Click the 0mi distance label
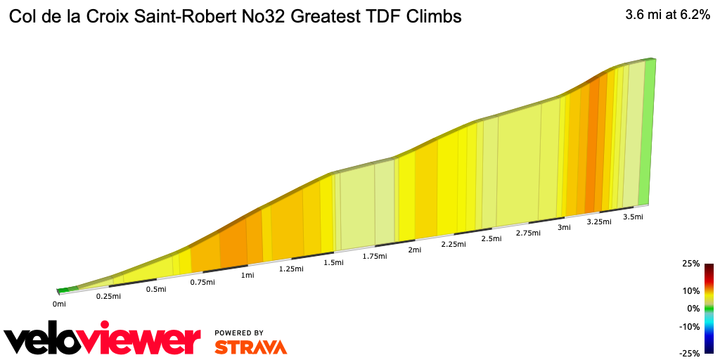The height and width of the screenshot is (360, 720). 59,304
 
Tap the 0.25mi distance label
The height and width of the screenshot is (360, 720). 109,296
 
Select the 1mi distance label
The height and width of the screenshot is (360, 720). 247,275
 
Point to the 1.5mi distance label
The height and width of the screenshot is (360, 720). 333,262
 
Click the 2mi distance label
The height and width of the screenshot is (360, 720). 414,250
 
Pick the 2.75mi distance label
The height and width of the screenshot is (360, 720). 528,233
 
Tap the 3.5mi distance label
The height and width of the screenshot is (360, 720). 634,217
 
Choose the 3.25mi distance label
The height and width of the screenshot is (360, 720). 599,221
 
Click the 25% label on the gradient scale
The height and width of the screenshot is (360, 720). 690,264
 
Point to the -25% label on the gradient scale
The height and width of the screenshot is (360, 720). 689,353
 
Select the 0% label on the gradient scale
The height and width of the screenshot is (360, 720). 693,308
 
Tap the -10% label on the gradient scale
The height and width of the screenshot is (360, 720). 689,326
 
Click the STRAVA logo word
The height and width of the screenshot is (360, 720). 250,347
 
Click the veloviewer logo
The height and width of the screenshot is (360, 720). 103,340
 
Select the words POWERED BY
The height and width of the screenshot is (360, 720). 239,333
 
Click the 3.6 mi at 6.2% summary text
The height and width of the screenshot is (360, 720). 667,15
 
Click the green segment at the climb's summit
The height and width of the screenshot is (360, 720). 648,134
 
